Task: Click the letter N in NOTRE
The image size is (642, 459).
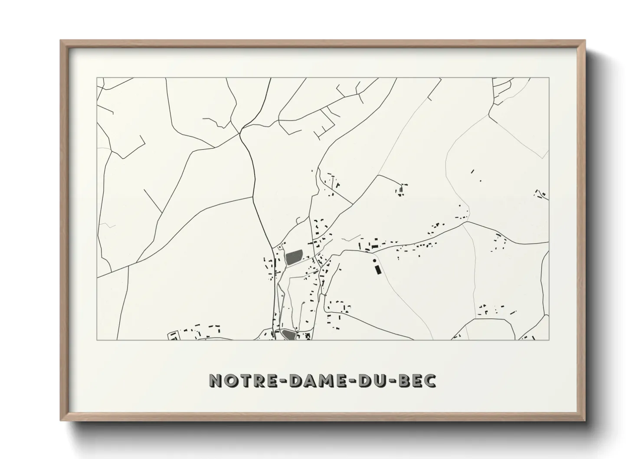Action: [215, 380]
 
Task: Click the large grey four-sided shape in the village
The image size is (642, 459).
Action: [294, 257]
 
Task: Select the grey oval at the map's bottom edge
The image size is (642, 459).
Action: [288, 334]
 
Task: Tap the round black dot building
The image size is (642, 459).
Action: [374, 261]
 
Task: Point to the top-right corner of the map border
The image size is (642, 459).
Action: [549, 78]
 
